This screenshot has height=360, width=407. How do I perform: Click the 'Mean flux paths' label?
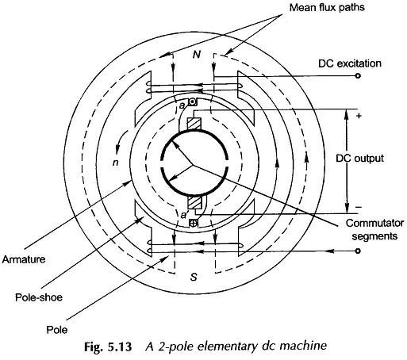pos(327,8)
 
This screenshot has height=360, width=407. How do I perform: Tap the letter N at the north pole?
pos(197,55)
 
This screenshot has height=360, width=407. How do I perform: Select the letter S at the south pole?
pos(194,277)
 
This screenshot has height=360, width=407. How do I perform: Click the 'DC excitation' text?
pos(350,63)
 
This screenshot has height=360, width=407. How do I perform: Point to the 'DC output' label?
pos(359,159)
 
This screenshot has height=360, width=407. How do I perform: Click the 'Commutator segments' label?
pos(374,229)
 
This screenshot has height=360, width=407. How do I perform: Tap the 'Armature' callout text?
pos(24,259)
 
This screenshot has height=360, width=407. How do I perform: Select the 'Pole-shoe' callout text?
pos(39,297)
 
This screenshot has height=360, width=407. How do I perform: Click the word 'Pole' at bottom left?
pos(57,330)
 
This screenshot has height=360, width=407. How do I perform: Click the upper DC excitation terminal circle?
pos(358,76)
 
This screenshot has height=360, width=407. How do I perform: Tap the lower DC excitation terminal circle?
pos(358,251)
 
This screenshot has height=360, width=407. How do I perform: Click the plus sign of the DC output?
pos(359,116)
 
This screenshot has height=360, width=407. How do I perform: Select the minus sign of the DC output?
pos(359,207)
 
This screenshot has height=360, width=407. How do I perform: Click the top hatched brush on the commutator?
pos(194,124)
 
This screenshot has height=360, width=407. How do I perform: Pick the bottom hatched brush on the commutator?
pos(194,202)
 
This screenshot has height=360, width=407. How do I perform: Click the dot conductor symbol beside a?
pos(193,102)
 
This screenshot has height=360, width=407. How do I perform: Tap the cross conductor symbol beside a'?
pos(194,224)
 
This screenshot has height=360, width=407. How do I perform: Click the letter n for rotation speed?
pos(116,163)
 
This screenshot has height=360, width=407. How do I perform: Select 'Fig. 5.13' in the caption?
pos(108,347)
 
